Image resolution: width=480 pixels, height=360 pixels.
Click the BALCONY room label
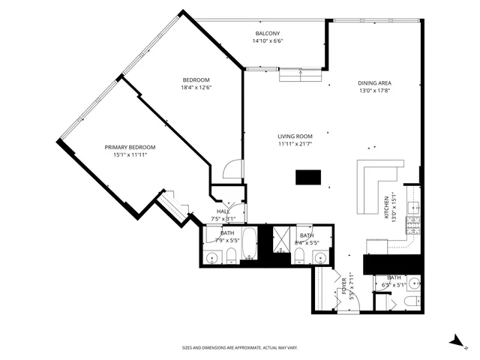tap(268, 34)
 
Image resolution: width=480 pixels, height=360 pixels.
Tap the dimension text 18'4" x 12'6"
tap(196, 88)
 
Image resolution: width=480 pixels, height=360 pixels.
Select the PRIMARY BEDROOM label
tap(130, 147)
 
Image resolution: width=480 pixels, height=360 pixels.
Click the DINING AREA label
tap(375, 82)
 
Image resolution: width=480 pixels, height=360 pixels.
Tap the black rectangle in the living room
tap(307, 177)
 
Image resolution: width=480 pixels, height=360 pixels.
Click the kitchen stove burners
tap(412, 223)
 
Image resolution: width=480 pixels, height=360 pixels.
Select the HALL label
tap(223, 211)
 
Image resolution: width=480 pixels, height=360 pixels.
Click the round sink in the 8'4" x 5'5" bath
tap(320, 257)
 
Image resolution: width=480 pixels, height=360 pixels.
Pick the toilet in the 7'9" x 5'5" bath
tap(231, 257)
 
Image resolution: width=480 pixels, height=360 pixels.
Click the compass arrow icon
tap(455, 341)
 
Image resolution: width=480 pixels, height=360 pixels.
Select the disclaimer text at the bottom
tap(240, 347)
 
